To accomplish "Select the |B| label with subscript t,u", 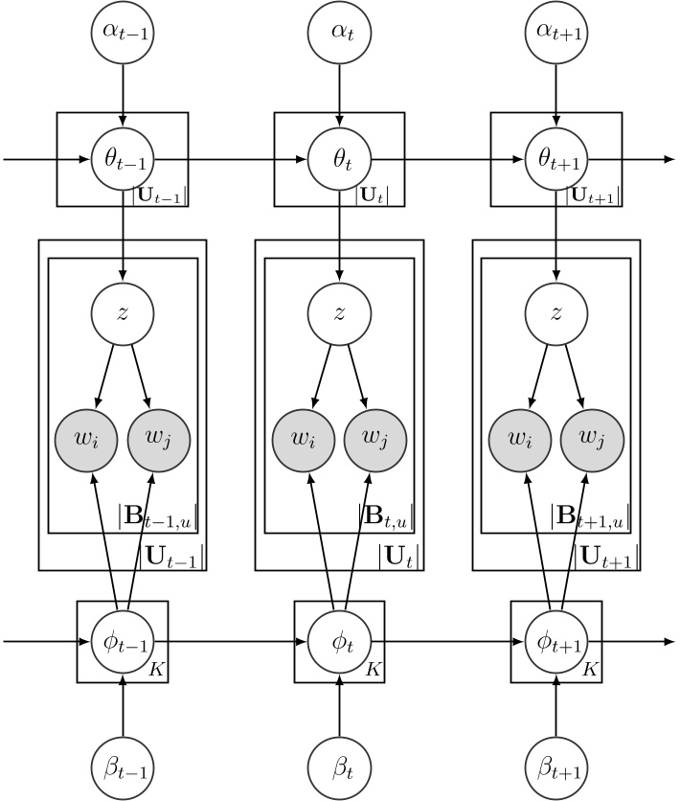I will (x=386, y=518).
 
